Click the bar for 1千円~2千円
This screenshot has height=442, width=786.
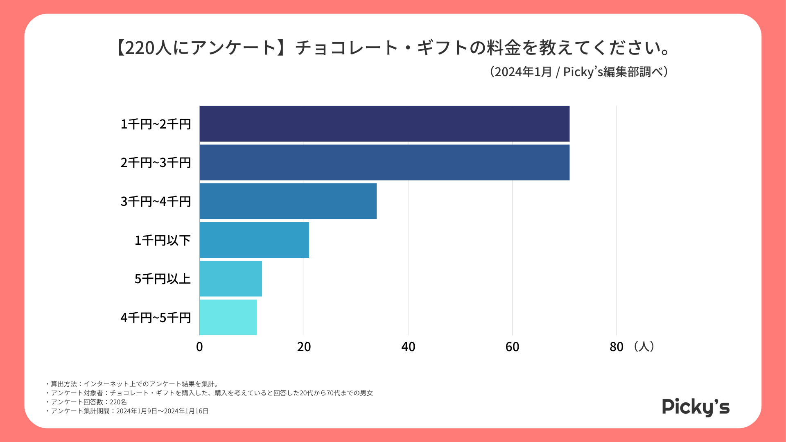[x=384, y=124]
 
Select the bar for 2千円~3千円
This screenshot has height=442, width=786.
[x=384, y=162]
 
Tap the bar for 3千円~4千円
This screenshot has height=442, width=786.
[x=288, y=201]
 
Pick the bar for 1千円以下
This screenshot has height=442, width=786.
[x=254, y=240]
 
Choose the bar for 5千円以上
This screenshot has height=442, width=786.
[x=230, y=279]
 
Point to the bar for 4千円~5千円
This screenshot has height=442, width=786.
[x=228, y=317]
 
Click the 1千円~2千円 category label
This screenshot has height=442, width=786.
[x=156, y=124]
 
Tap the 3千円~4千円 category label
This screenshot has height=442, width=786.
[x=156, y=201]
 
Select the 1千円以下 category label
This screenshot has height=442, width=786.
[x=163, y=240]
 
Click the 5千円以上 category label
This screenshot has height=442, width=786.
[x=163, y=279]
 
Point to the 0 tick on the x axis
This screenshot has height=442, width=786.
[x=199, y=347]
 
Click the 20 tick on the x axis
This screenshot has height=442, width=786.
[x=304, y=347]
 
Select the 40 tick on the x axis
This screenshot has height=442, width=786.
[x=408, y=347]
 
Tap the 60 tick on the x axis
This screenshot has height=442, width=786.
[x=512, y=347]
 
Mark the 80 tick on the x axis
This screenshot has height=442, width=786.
[x=616, y=347]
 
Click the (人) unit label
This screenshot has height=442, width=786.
[x=644, y=347]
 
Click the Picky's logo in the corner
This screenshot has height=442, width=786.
[x=696, y=407]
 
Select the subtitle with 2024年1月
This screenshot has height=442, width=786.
[x=579, y=72]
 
